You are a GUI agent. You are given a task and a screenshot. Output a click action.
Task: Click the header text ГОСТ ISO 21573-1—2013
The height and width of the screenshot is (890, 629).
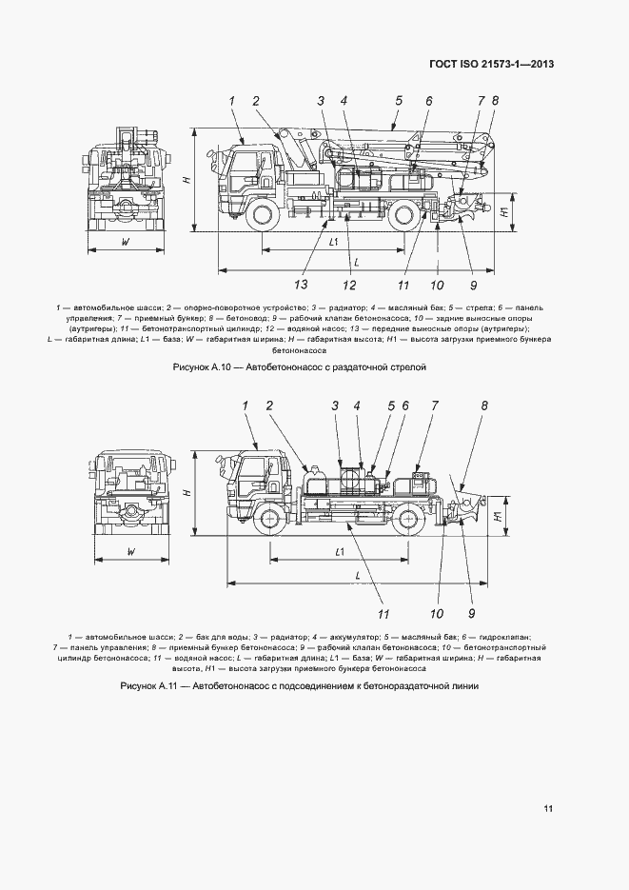pos(491,64)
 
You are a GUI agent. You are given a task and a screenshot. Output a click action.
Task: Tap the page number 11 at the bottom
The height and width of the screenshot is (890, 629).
pos(548,809)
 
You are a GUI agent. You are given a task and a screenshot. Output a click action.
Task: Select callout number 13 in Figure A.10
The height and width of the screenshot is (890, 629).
pos(302,285)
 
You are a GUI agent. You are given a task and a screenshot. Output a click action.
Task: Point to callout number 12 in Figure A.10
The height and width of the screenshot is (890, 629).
pos(350,285)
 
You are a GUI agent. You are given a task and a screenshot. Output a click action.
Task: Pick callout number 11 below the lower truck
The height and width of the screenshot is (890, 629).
pos(384,612)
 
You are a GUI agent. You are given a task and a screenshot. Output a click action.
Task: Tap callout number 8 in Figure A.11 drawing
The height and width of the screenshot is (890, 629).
pos(483,406)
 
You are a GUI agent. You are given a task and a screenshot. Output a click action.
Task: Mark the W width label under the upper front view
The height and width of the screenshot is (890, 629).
pos(126,243)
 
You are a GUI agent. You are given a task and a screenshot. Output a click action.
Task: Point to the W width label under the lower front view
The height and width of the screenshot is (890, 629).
pos(131,551)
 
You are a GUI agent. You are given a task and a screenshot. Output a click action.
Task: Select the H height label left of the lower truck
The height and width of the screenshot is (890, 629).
pos(187,492)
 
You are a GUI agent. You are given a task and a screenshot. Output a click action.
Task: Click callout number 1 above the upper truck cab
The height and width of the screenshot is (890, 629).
pos(231,100)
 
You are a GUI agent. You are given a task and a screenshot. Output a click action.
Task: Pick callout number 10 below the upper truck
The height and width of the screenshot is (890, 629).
pos(437,285)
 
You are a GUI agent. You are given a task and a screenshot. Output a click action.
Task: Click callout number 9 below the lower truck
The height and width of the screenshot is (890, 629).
pos(470,612)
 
